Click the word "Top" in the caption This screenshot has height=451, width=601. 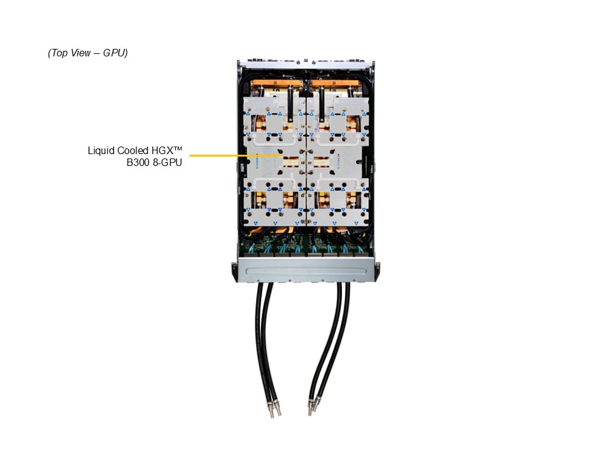(61, 53)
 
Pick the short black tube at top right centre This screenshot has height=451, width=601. (321, 100)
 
